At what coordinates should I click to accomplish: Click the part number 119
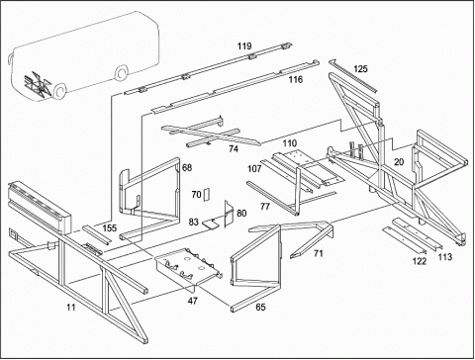tap(244, 45)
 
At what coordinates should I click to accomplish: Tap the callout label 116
tap(296, 79)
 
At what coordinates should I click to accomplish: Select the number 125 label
tap(360, 69)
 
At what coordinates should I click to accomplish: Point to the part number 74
tap(234, 149)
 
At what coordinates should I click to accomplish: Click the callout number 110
tap(290, 143)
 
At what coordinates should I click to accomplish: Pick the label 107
tap(254, 169)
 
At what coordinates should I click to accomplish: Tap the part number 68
tap(187, 168)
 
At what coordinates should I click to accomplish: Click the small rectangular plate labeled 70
tap(207, 195)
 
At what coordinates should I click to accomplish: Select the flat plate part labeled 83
tap(210, 225)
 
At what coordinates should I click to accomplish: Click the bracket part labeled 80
tap(230, 214)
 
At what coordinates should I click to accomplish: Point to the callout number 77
tap(265, 207)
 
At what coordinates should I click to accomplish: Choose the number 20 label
tap(399, 162)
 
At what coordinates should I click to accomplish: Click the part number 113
tap(445, 257)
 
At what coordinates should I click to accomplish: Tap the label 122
tap(420, 261)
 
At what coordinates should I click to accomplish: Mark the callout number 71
tap(319, 253)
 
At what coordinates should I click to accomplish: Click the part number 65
tap(260, 308)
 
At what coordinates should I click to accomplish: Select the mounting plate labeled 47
tap(188, 269)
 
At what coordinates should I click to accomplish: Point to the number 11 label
tap(71, 308)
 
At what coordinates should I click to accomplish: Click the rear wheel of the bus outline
tap(123, 72)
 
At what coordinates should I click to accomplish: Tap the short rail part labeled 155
tap(97, 235)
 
